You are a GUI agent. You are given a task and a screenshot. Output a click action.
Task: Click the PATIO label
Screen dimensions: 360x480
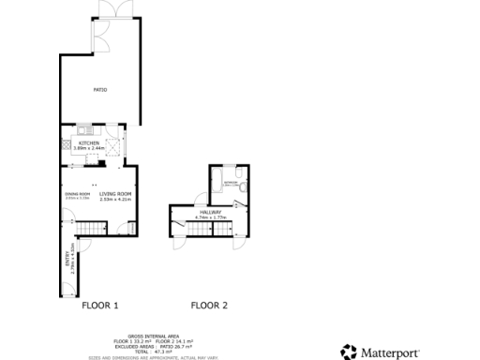(99, 90)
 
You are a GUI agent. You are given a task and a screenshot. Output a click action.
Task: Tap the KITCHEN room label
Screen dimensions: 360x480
(102, 142)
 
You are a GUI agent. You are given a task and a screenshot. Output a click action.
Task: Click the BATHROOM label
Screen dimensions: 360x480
(231, 183)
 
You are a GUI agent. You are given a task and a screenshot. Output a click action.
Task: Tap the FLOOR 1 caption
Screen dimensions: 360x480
(100, 305)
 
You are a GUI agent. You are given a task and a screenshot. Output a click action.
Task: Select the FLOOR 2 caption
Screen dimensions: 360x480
(208, 305)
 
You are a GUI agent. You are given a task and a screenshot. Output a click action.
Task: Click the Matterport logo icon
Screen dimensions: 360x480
(348, 352)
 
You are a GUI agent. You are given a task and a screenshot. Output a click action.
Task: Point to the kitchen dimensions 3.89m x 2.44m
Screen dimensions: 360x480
(102, 148)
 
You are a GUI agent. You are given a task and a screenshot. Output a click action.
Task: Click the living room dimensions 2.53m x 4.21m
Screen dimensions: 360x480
(112, 199)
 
